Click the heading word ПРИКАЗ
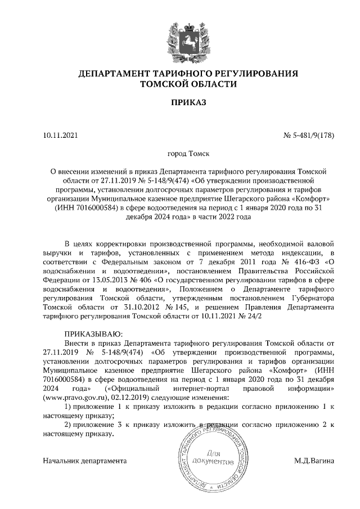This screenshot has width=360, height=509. tap(180, 103)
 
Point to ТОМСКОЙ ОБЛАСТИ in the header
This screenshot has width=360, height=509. tap(180, 84)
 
